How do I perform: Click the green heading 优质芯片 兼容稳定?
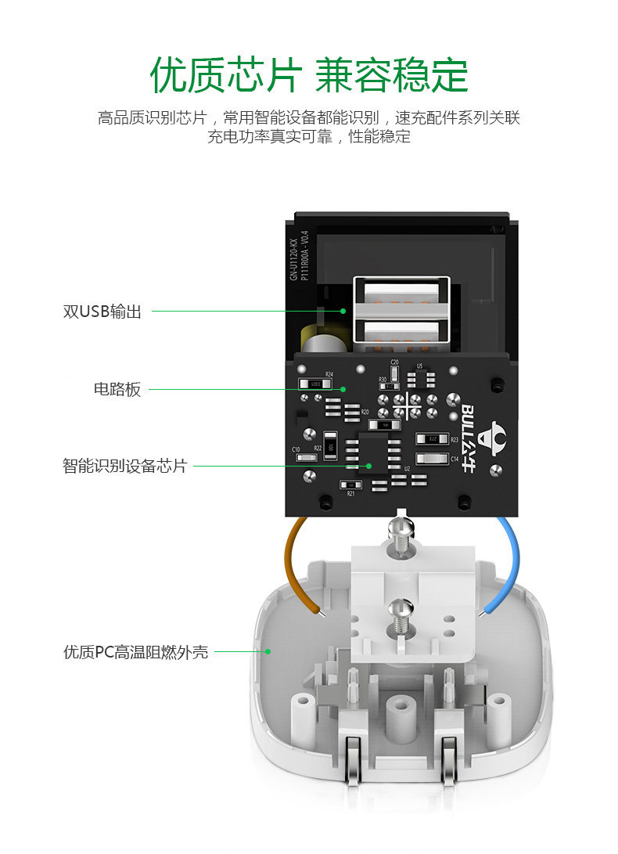(x=309, y=74)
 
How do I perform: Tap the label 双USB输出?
(x=102, y=312)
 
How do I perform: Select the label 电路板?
(x=117, y=389)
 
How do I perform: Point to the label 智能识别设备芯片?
(x=124, y=467)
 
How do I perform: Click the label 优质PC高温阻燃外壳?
(x=135, y=651)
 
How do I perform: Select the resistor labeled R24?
(x=315, y=384)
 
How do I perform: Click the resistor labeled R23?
(x=432, y=439)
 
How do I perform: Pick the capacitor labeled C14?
(x=432, y=459)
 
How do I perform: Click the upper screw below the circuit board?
(x=401, y=538)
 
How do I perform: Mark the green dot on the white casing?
(x=268, y=650)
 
